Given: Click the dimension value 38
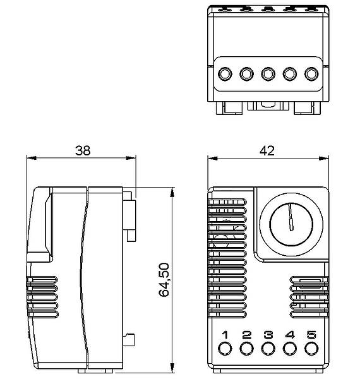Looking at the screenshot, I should click(83, 150).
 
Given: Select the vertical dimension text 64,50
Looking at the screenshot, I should click(164, 280).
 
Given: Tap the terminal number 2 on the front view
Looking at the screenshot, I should click(246, 334).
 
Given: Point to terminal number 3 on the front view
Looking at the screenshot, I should click(268, 334).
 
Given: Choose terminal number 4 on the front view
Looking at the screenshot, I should click(290, 334).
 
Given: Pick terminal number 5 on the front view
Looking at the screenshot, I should click(311, 334).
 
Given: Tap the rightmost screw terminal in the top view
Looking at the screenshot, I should click(311, 75).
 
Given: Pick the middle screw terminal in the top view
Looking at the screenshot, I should click(268, 75).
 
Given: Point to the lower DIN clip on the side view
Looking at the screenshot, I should click(130, 340).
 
